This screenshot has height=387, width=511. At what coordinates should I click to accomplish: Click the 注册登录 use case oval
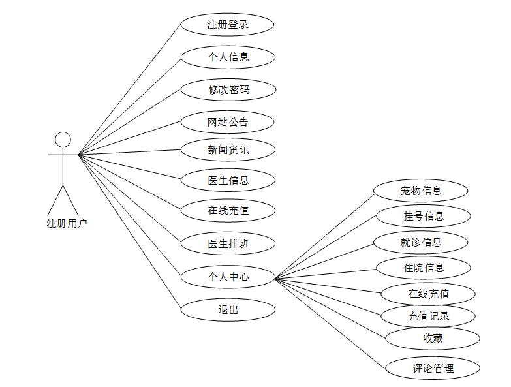point(227,25)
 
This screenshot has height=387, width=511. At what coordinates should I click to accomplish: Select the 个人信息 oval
point(228,57)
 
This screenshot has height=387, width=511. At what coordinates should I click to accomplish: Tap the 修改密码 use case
point(228,89)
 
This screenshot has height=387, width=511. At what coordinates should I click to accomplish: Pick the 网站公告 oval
point(228,122)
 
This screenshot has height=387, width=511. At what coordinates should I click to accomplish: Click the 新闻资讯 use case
point(228,150)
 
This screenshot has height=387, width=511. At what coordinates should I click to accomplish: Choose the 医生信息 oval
point(228,180)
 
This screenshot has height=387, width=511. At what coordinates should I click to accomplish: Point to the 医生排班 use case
point(228,244)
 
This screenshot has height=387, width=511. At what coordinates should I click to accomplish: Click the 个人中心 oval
point(228,277)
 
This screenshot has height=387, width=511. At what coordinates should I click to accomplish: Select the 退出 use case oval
point(228,309)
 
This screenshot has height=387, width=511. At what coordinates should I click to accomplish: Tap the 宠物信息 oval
point(421,191)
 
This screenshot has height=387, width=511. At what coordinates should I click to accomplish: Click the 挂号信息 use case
point(423,216)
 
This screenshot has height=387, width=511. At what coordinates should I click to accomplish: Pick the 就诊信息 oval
point(421,242)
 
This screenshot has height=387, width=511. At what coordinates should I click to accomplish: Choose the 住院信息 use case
point(423,268)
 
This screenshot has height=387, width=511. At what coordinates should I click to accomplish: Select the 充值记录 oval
point(428,317)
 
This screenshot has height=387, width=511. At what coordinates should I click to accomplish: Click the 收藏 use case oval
point(433,338)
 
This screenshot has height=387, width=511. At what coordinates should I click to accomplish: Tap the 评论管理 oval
point(433,368)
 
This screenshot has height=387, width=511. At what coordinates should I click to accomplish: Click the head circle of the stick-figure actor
point(63,140)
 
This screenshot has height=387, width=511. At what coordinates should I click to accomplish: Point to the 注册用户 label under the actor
point(67,224)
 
